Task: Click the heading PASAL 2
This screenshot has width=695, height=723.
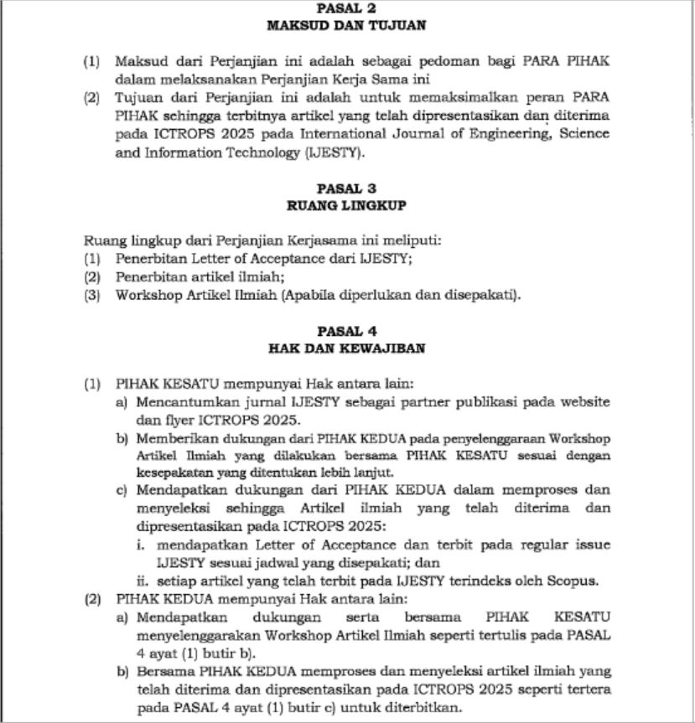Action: tap(346, 8)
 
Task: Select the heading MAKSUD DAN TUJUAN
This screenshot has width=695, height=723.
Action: tap(346, 25)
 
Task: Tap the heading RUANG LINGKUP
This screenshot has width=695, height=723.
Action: tap(346, 205)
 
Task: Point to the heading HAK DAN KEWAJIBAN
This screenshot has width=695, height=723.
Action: tap(346, 349)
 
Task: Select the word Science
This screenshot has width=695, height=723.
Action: tap(584, 134)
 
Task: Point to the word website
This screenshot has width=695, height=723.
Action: tap(586, 402)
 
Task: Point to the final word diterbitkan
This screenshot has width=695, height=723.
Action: tap(424, 707)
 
